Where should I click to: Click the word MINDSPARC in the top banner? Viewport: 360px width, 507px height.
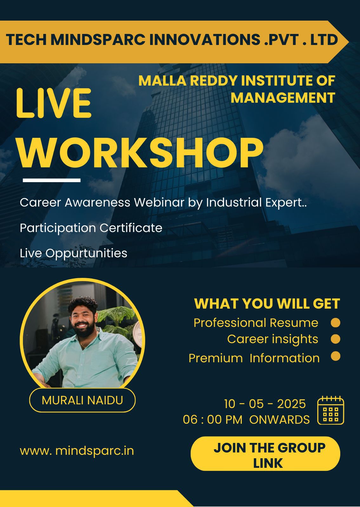98,39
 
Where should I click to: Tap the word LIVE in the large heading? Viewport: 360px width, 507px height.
54,103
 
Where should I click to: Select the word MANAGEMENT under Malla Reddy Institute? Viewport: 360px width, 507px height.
283,98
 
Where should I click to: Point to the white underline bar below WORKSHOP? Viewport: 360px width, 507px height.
52,180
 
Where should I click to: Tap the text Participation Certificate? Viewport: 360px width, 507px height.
91,228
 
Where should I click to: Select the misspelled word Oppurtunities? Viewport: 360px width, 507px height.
86,253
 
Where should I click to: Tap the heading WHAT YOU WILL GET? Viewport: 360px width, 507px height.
267,304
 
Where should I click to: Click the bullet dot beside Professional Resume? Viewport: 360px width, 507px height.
336,323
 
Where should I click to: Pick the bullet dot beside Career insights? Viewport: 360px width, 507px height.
336,339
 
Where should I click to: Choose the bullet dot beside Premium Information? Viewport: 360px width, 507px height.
336,356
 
